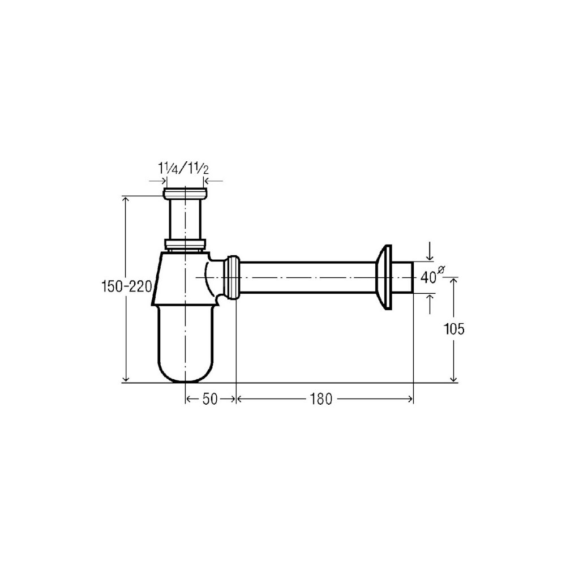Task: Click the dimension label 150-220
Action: point(126,287)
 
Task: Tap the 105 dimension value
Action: point(454,329)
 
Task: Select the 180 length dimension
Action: point(320,399)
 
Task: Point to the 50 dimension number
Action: point(210,399)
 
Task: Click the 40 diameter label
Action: point(428,277)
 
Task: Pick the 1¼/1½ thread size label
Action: point(183,168)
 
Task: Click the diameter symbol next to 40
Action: point(441,269)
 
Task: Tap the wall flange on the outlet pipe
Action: point(384,277)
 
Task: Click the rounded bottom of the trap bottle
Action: point(185,372)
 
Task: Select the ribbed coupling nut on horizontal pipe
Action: point(232,277)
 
